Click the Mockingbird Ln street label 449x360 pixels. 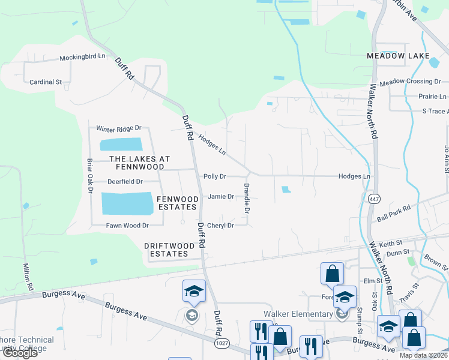(x=82, y=58)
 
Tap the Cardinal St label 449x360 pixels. (x=46, y=82)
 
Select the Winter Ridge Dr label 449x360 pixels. (x=119, y=128)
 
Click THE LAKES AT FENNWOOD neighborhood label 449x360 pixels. (x=139, y=163)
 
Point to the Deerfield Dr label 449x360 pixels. (x=125, y=181)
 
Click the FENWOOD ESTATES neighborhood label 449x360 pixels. (x=176, y=202)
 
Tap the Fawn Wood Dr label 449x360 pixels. (x=127, y=226)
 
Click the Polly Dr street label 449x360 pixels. (x=214, y=176)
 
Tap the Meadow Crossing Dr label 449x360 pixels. (x=410, y=82)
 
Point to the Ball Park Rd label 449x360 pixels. (x=394, y=212)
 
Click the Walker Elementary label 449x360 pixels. (x=298, y=314)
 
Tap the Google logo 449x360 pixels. (x=20, y=353)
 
